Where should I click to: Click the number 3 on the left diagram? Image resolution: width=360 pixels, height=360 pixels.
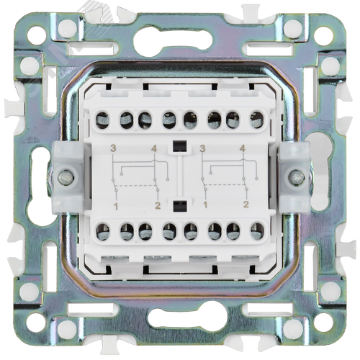[113, 148]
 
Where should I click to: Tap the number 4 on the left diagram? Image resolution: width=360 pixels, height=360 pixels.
[154, 149]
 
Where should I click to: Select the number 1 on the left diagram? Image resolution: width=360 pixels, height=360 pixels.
[116, 207]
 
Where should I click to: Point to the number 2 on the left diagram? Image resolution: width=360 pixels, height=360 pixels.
[158, 206]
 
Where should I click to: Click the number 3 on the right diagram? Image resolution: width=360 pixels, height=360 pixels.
[203, 149]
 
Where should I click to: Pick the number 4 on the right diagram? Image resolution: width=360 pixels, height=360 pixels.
[243, 149]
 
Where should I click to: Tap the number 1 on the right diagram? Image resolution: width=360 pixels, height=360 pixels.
[205, 205]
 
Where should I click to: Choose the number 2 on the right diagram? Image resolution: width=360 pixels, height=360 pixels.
[246, 204]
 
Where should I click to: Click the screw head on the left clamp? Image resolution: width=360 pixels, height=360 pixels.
[66, 178]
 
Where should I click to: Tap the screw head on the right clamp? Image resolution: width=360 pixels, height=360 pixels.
[297, 178]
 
